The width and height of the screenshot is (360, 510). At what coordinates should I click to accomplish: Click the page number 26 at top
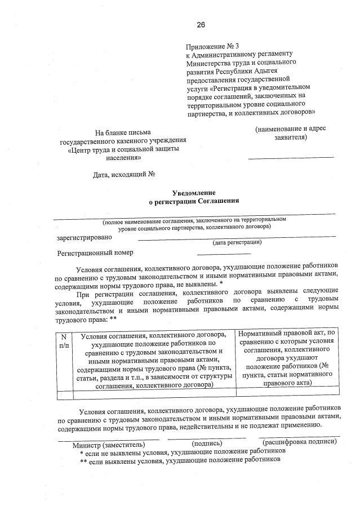201,24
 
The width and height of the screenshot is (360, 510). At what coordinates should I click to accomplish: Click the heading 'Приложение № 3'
212,46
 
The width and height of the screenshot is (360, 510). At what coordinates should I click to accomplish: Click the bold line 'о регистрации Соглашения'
193,201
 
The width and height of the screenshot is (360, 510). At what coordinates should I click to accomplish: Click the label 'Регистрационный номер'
95,252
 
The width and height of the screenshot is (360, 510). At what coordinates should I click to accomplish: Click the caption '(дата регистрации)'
237,242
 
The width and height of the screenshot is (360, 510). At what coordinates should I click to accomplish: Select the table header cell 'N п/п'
64,340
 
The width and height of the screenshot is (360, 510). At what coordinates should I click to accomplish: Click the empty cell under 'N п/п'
64,394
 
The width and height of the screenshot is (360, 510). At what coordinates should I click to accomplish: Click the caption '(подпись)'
206,444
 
